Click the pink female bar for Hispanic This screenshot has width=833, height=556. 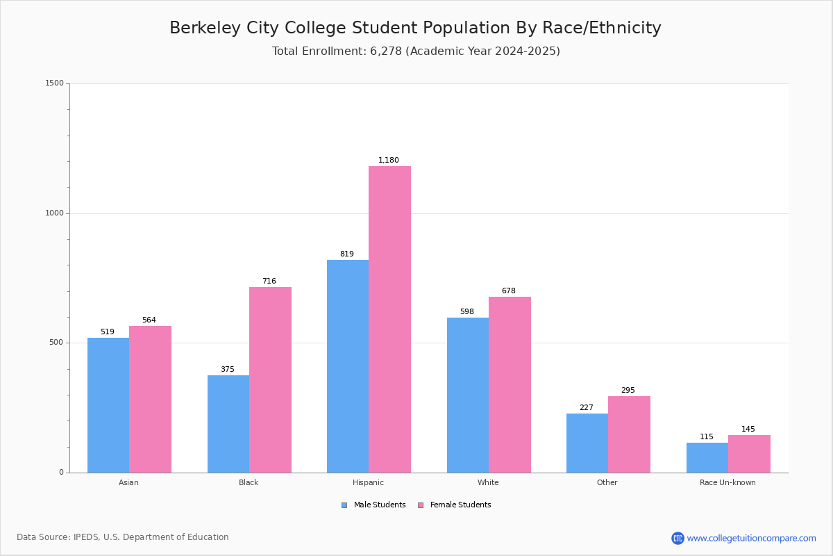click(389, 320)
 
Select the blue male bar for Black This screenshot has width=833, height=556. click(228, 424)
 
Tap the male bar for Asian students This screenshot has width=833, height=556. click(108, 405)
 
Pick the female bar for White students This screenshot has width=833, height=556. click(510, 384)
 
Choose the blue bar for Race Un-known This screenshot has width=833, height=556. click(707, 457)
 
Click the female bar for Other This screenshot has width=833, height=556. click(629, 434)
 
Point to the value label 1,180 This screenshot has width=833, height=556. click(389, 161)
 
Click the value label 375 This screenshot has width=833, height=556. click(228, 370)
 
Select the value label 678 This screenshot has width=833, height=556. click(509, 291)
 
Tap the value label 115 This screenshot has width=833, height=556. click(707, 437)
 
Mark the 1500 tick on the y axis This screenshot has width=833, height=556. click(55, 83)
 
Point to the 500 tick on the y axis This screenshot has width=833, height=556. click(57, 343)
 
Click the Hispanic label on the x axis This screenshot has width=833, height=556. click(368, 482)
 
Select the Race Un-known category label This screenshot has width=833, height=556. click(727, 482)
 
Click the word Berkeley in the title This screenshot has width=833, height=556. click(204, 28)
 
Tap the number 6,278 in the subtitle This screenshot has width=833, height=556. click(386, 51)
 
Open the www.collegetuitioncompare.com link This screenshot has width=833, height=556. click(751, 538)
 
